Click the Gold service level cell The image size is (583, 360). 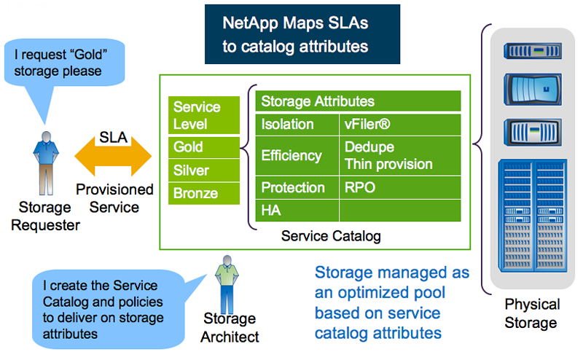coord(203,147)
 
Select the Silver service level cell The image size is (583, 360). coord(203,171)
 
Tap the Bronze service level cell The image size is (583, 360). coord(203,194)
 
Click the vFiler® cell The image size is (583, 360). coord(400,124)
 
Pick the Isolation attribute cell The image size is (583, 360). coord(297,124)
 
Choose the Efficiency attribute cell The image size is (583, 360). coord(297,155)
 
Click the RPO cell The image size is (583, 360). coord(400,187)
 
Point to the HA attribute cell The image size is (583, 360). coord(297,211)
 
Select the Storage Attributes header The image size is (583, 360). coord(358,101)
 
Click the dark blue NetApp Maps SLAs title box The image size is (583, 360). coord(301,34)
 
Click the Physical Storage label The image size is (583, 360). coord(532,313)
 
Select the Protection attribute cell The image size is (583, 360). coord(297,187)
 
